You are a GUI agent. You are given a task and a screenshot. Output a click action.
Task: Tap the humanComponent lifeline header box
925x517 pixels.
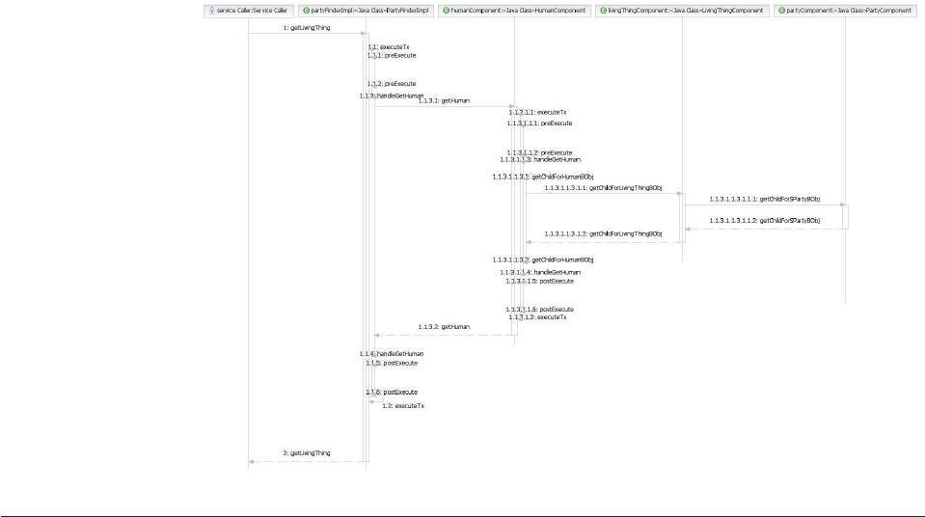coord(513,10)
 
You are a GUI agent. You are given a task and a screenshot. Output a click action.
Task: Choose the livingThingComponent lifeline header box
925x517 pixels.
coord(681,10)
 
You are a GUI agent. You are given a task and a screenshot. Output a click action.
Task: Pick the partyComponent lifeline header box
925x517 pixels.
coord(844,10)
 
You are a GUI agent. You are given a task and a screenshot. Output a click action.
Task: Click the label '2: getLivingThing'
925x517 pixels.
coord(307,452)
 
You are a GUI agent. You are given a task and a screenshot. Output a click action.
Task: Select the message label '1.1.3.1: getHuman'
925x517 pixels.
coord(444,100)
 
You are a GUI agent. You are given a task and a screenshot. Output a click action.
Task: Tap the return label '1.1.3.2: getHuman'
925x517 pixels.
coord(444,327)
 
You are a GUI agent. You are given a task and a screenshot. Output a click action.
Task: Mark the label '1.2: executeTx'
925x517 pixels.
coord(403,406)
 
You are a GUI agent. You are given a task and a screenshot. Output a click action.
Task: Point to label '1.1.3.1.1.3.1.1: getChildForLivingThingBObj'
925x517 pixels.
coord(603,188)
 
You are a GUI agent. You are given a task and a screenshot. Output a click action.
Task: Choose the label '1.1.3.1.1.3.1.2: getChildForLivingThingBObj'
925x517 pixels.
coord(603,233)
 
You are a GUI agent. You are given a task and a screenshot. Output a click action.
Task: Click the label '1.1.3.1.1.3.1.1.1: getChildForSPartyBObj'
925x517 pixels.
coord(764,199)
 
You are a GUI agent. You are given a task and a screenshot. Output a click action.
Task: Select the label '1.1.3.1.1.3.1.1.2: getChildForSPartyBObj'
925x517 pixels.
coord(764,221)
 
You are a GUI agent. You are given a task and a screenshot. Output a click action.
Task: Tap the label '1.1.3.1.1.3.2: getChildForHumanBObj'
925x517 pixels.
coord(543,259)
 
